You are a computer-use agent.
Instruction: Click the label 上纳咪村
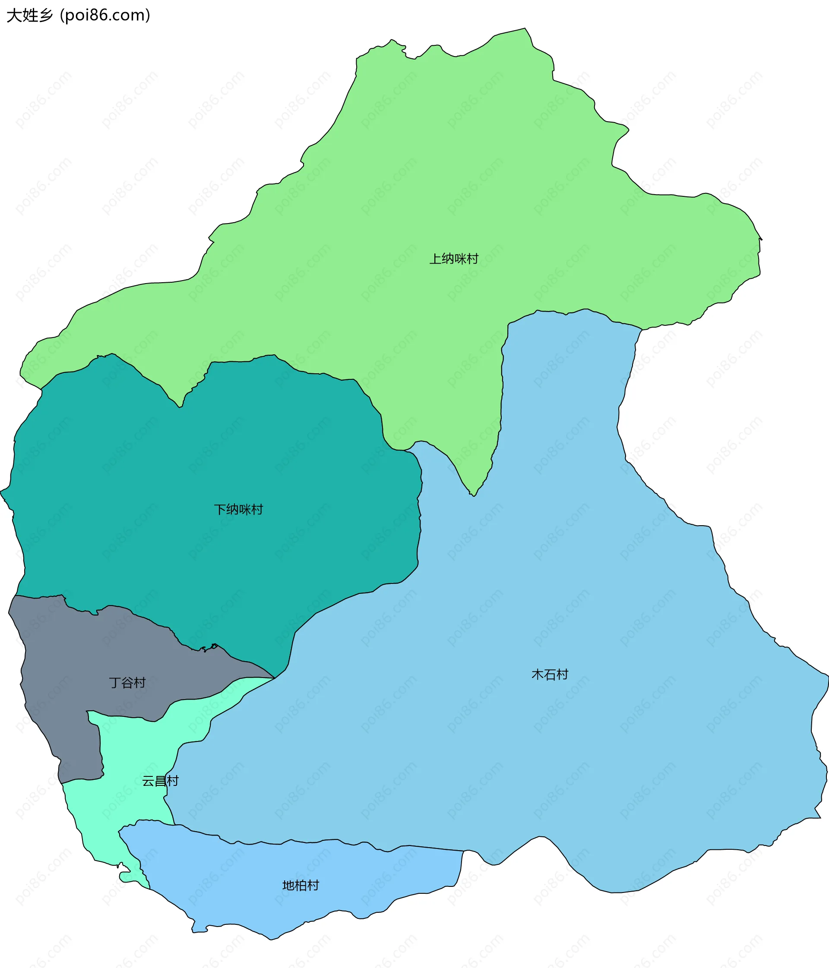coord(454,259)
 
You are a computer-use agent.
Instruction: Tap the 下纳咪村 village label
coord(238,509)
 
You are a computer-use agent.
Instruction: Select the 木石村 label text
coord(550,675)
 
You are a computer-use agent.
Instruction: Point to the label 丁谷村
coord(127,683)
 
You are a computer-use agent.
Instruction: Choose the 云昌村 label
coord(160,781)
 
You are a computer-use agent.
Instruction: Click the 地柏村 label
coord(301,886)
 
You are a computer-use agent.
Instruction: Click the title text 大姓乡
coord(30,16)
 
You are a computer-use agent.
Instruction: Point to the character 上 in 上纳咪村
coord(435,259)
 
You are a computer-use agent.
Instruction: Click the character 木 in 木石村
coord(538,675)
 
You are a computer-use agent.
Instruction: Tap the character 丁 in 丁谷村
coord(115,683)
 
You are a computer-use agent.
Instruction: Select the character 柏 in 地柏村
coord(301,886)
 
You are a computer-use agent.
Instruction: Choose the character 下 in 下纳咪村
coord(220,509)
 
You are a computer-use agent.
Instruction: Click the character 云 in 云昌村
coord(148,781)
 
